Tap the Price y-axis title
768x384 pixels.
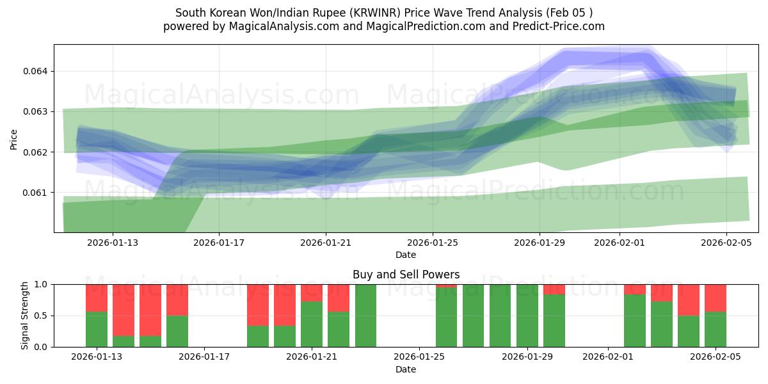click(13, 138)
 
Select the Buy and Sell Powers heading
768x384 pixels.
click(406, 275)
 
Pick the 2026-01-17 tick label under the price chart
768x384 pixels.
click(219, 243)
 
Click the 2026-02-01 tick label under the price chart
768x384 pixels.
click(620, 243)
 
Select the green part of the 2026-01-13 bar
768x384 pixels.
click(97, 330)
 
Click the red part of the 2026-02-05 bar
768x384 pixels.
click(716, 298)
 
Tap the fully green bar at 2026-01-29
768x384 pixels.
click(527, 316)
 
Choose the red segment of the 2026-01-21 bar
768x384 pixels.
click(312, 292)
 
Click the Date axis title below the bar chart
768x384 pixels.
click(406, 369)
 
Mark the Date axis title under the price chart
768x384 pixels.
click(406, 255)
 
